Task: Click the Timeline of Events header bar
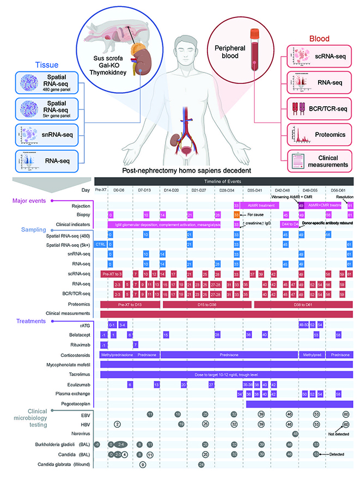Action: pos(224,181)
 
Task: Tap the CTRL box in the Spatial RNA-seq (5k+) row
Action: pos(101,244)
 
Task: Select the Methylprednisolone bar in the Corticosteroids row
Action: pos(117,355)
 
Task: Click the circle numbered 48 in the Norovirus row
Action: pos(295,434)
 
